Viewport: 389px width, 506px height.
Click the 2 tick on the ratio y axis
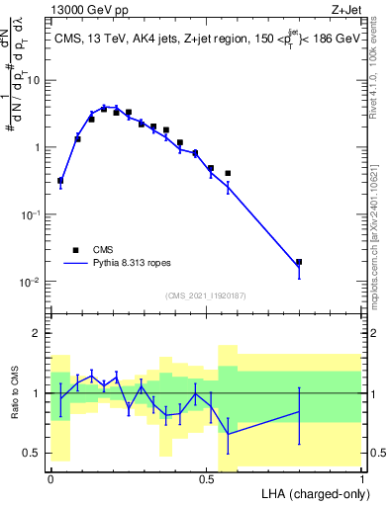click(x=38, y=333)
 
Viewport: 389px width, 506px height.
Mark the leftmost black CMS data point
click(x=60, y=181)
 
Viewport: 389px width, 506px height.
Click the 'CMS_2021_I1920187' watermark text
click(x=205, y=295)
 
